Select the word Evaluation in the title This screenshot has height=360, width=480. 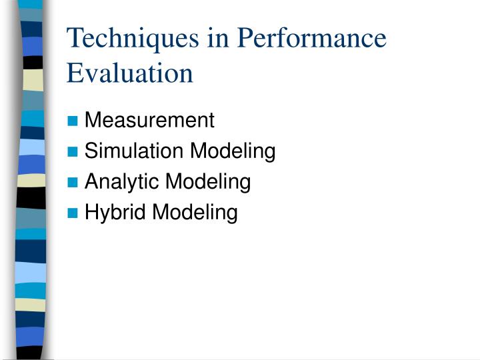coord(129,73)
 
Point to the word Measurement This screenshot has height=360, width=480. coord(149,121)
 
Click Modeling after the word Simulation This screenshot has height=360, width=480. coord(233,151)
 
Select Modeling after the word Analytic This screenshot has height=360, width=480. coord(208,181)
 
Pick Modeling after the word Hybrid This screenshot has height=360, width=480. coord(195,213)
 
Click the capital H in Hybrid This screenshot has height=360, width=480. coord(91,213)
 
